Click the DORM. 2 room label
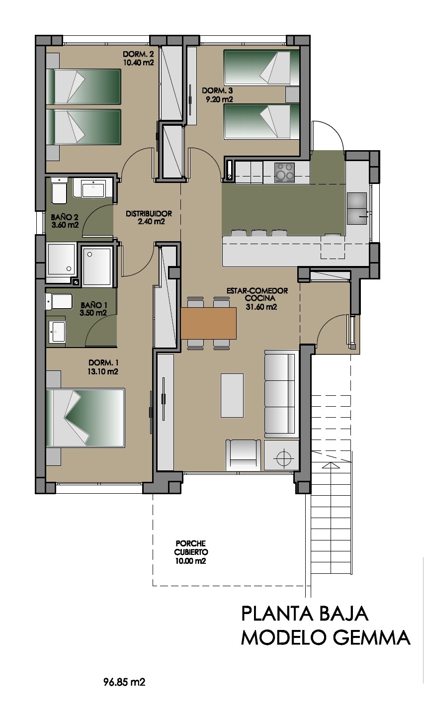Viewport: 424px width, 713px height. coord(139,54)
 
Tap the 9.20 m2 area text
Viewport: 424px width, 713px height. coord(219,99)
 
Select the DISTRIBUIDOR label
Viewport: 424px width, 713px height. coord(149,214)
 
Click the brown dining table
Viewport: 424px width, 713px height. coord(208,323)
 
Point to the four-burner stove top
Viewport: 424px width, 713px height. coord(285,172)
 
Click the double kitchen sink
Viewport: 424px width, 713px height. coord(357,208)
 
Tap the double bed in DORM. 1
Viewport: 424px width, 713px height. coord(85,418)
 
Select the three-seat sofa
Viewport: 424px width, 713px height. coord(281,394)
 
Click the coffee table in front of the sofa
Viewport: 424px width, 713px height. coord(232,395)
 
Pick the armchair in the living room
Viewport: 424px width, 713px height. coord(243,455)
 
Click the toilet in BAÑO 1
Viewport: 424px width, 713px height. coord(59,301)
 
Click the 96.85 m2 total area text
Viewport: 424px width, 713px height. coord(124,682)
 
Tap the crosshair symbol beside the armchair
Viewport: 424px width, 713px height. coord(284,458)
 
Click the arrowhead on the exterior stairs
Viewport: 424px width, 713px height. coord(331,465)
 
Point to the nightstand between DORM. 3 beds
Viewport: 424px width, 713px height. coord(293,94)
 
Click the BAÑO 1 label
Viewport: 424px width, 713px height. coord(93,305)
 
